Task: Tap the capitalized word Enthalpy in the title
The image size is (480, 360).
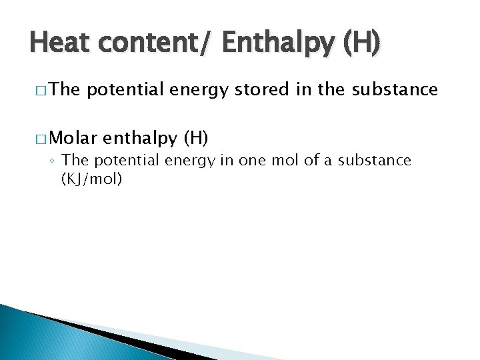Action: coord(279,43)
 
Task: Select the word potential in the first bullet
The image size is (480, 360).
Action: coord(124,89)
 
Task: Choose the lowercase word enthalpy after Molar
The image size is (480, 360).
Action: coord(141,138)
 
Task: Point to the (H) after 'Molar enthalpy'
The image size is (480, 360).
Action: coord(195,138)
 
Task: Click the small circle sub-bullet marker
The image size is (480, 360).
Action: coord(53,161)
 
